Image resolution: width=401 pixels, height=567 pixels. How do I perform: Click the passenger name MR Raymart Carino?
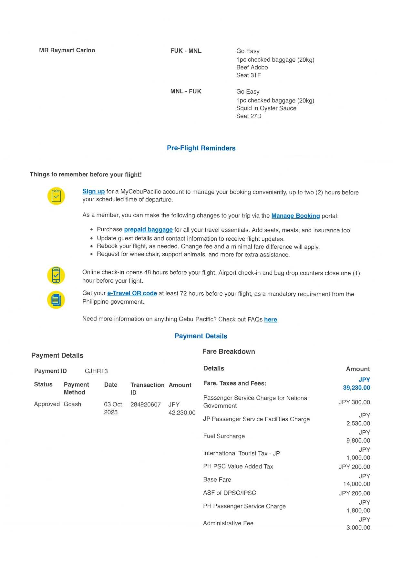(x=67, y=50)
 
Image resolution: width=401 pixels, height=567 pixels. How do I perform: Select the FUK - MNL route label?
(x=186, y=51)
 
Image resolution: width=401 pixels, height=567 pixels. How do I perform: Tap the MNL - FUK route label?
(x=186, y=91)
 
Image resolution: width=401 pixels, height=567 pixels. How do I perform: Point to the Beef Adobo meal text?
(x=252, y=68)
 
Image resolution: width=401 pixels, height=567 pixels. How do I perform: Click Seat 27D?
(x=249, y=116)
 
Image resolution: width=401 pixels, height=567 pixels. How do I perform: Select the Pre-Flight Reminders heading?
(x=201, y=148)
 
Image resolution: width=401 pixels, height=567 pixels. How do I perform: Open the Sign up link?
(x=93, y=192)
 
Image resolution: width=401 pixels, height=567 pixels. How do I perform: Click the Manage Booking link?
(x=295, y=216)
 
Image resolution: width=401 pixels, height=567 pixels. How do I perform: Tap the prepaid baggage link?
(x=148, y=230)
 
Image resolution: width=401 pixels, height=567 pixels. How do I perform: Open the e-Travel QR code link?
(x=132, y=293)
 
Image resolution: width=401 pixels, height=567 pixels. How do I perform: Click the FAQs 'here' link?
(x=271, y=320)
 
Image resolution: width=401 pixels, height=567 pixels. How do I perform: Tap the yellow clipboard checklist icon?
(x=56, y=196)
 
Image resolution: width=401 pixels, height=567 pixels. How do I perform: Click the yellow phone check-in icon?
(x=56, y=275)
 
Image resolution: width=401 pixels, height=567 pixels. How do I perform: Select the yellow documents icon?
(x=56, y=300)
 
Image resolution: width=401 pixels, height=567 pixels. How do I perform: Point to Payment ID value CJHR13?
(x=96, y=371)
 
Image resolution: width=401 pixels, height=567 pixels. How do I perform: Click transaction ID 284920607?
(x=145, y=404)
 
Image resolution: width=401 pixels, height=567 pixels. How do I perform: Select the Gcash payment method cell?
(x=72, y=404)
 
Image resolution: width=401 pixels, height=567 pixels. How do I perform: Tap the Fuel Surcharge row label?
(x=224, y=436)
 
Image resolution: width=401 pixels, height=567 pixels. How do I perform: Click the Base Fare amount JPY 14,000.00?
(x=356, y=480)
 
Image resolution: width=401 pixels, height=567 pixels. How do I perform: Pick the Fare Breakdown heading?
(x=228, y=352)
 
